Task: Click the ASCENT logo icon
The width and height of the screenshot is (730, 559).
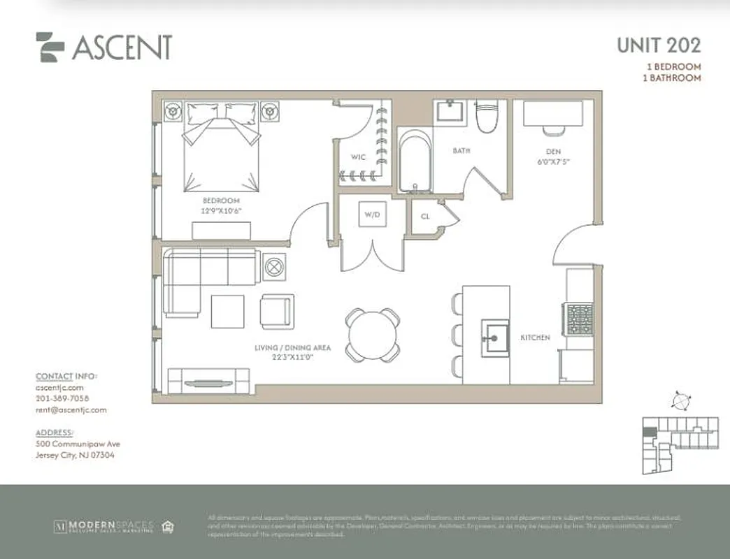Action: point(50,47)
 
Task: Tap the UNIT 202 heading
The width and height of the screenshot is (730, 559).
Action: point(658,45)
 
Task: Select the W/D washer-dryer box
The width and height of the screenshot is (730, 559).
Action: point(371,215)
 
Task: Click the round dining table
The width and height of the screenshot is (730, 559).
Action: point(373,335)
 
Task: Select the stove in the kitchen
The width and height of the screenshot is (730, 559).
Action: point(580,319)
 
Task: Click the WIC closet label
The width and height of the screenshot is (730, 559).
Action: point(357,157)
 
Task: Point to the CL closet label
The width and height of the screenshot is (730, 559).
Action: point(425,216)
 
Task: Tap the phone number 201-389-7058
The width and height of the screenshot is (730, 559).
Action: point(62,398)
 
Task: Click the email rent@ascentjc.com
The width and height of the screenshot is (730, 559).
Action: point(71,410)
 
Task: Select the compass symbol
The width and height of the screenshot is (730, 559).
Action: point(679,401)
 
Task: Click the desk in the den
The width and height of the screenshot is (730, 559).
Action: point(553,114)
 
